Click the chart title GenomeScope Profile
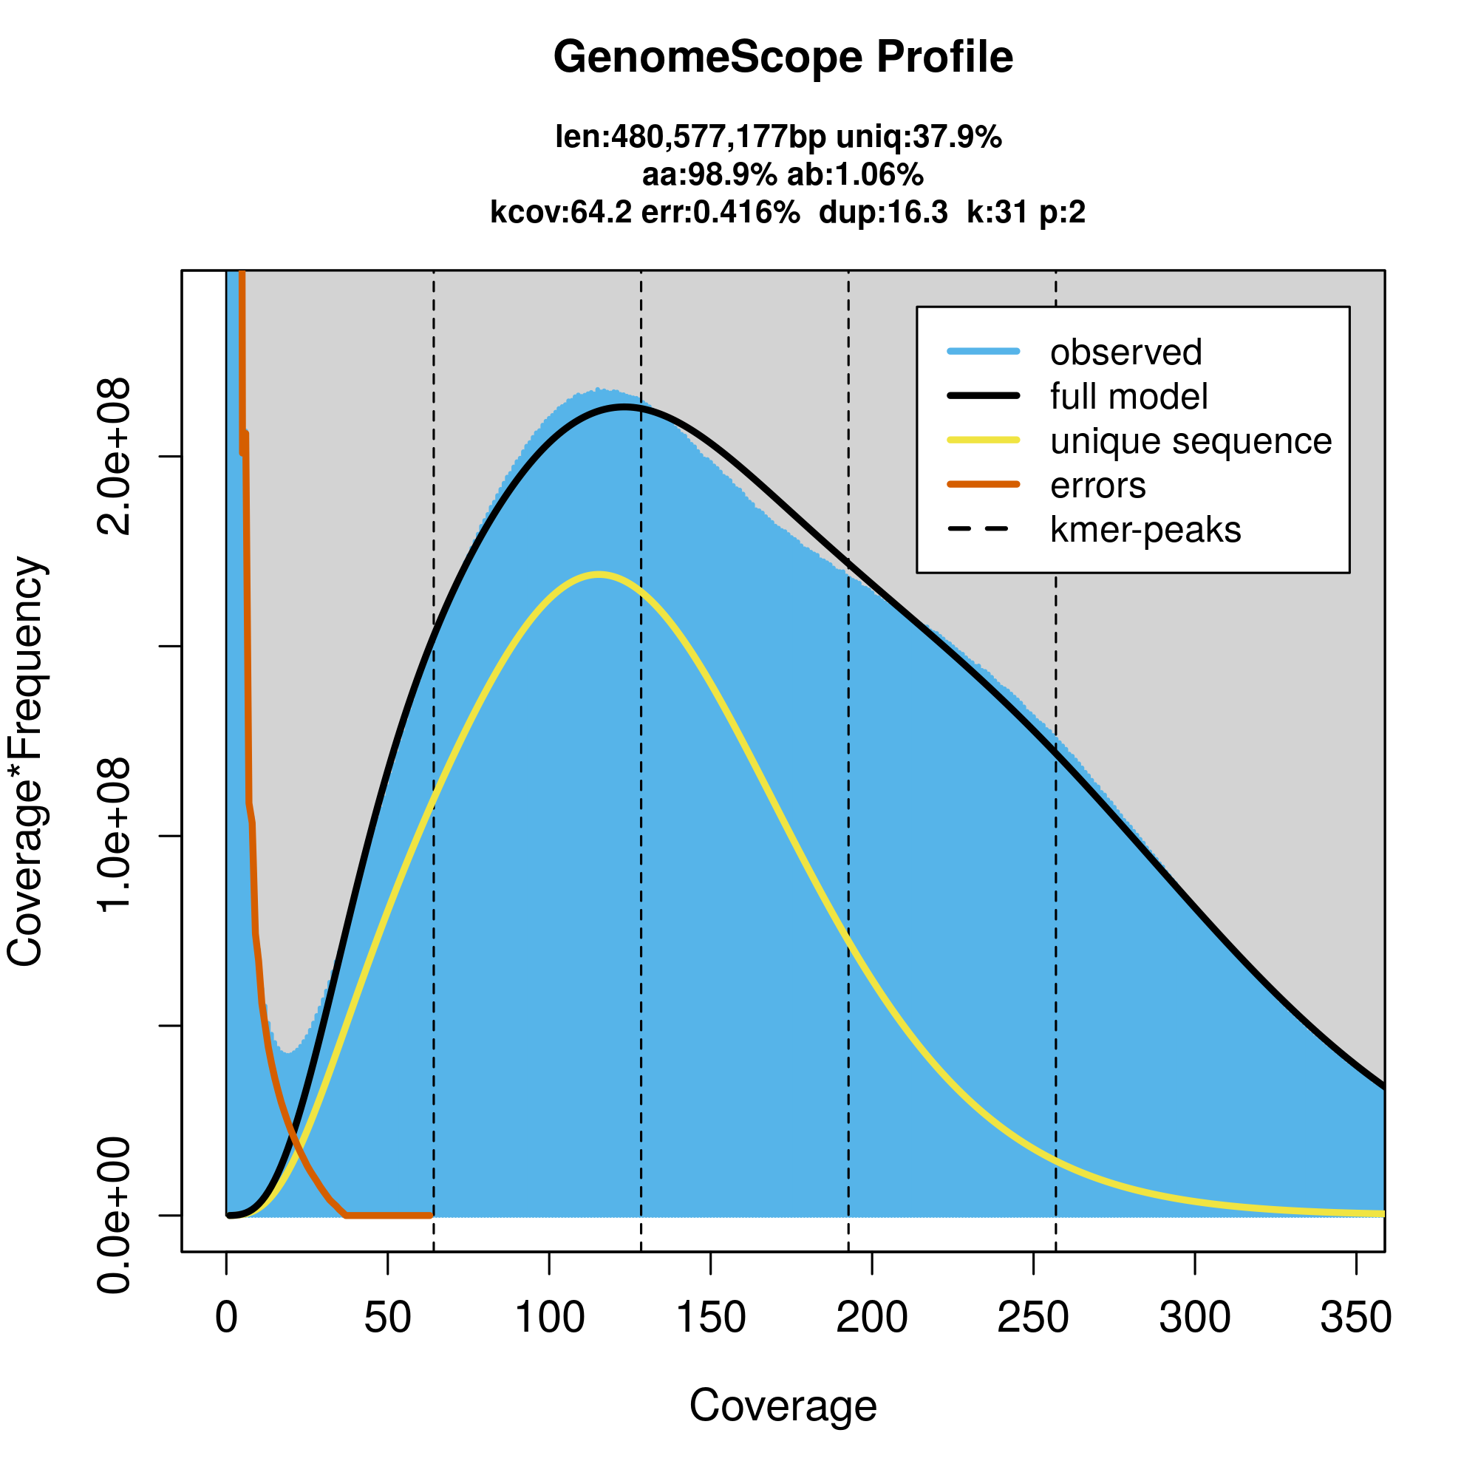(x=783, y=58)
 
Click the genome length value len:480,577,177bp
(x=690, y=137)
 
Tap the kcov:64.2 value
(x=561, y=212)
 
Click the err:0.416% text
(x=720, y=212)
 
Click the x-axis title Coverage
(x=783, y=1406)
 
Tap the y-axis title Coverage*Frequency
(x=26, y=762)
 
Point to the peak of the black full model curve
(x=626, y=408)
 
